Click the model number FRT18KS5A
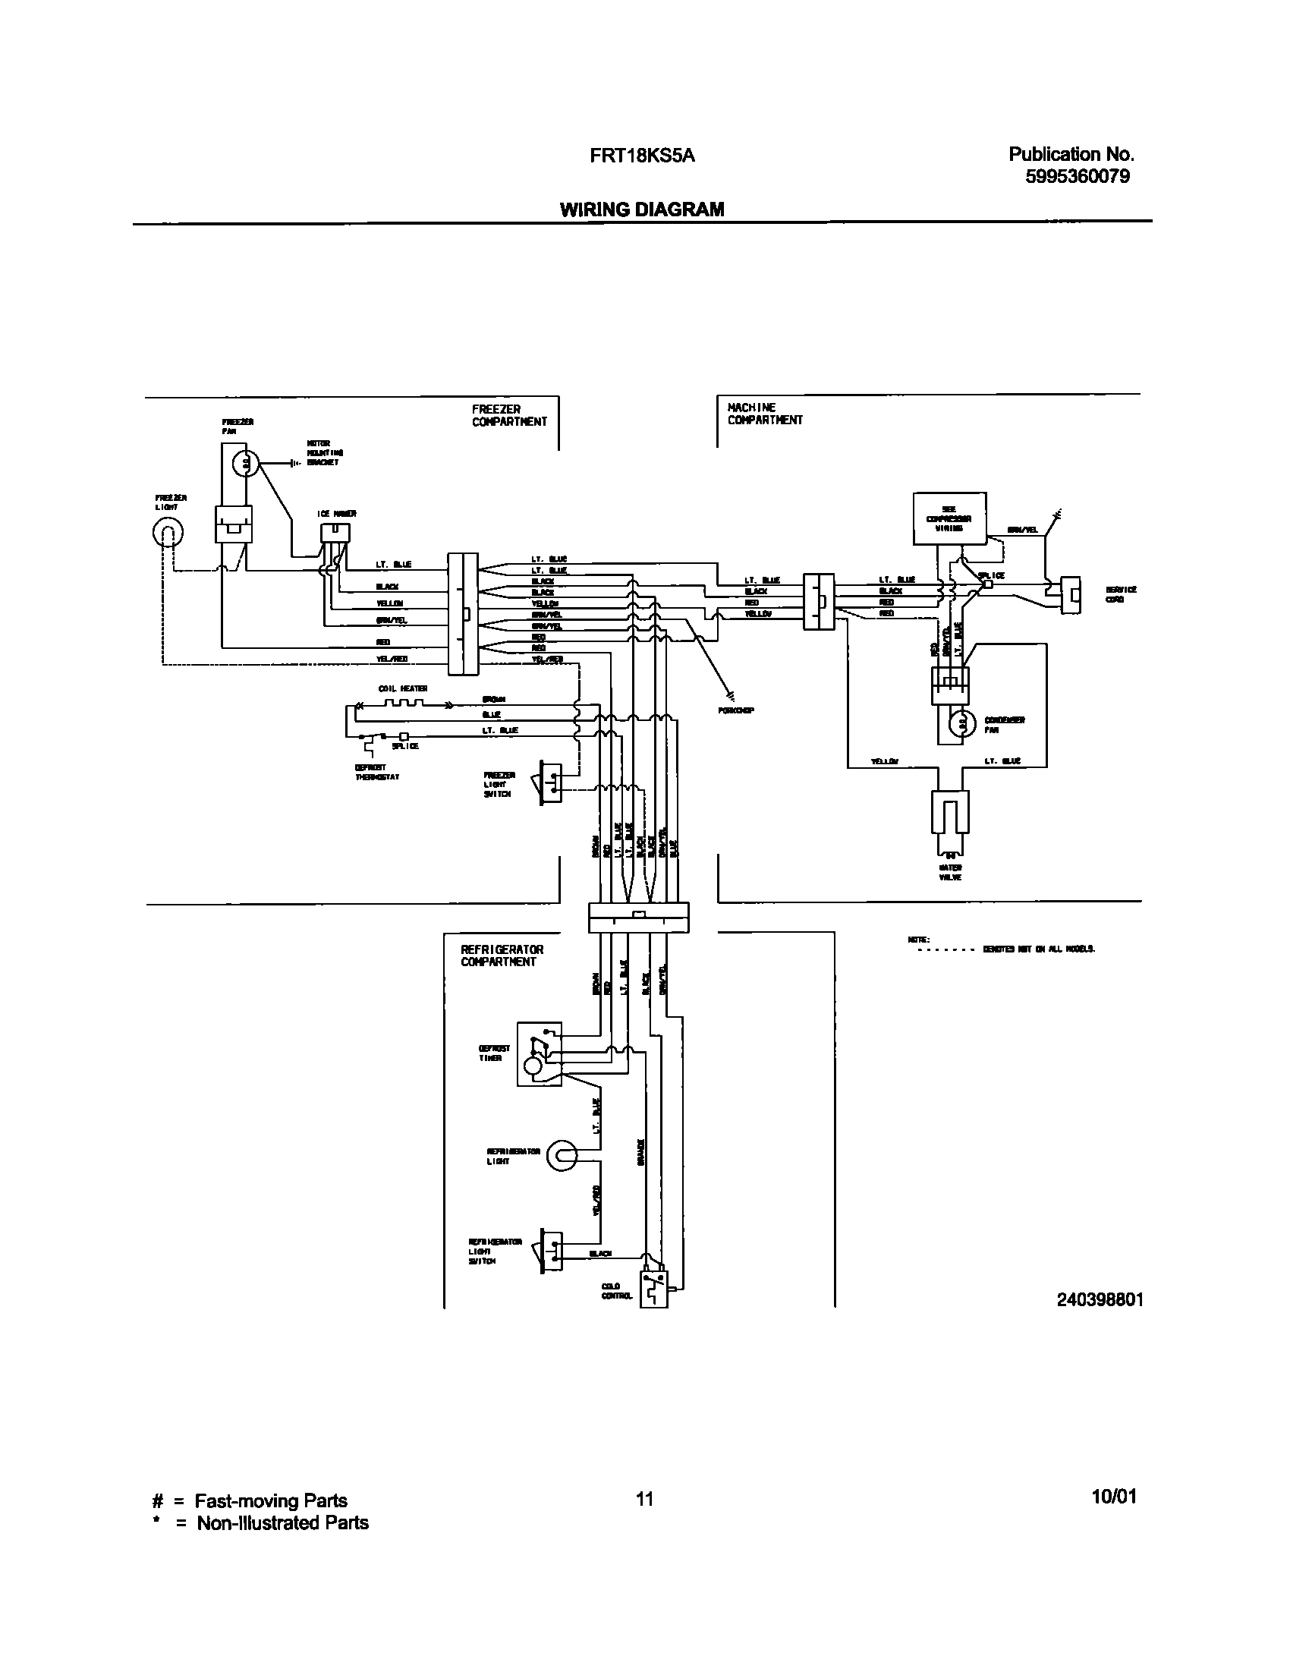coord(642,156)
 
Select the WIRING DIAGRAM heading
coord(642,209)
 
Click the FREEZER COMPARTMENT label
coord(508,415)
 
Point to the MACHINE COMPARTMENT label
coord(765,414)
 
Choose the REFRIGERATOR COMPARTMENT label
coord(502,956)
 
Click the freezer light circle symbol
coord(168,534)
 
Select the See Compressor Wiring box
coord(949,518)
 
